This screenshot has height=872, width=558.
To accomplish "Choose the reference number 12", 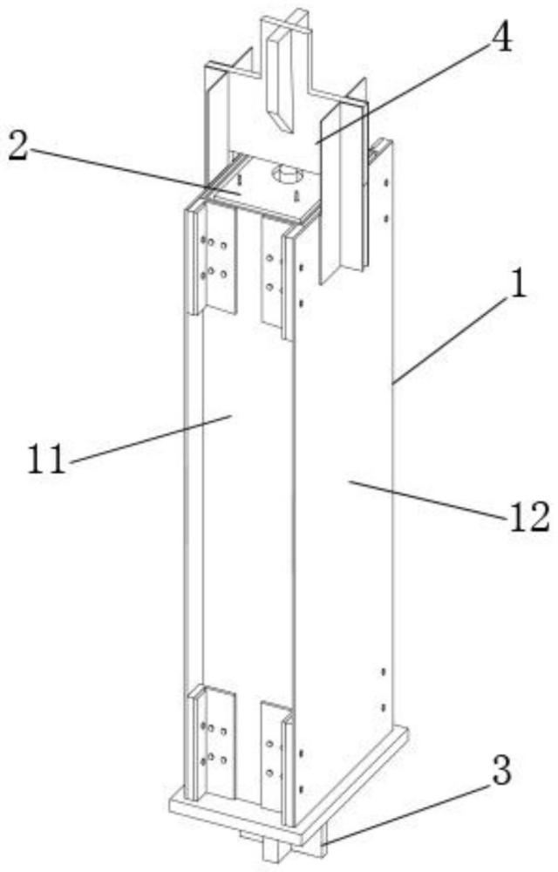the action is click(528, 518).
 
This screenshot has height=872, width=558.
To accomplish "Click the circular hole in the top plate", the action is click(284, 175).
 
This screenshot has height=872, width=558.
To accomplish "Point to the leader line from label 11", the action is click(148, 436).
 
